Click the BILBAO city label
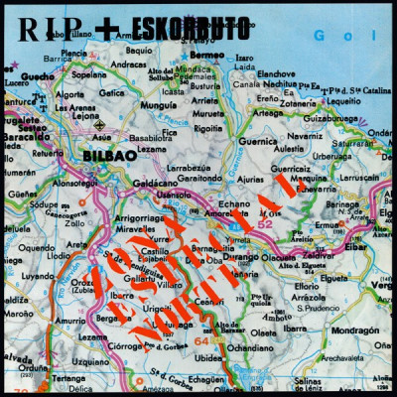(102, 156)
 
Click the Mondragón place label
(354, 330)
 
